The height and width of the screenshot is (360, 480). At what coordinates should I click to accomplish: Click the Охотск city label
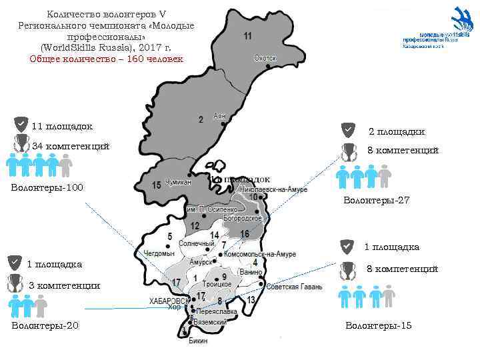265,58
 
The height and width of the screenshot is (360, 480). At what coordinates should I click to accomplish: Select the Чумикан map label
179,182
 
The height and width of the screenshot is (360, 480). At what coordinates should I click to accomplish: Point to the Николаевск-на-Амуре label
273,190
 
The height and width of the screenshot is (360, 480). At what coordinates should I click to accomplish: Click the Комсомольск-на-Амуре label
260,254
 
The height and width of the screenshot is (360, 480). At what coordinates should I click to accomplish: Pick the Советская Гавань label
294,287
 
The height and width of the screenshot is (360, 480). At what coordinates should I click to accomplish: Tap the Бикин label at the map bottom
198,341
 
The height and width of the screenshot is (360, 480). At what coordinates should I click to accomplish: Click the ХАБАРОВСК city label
169,301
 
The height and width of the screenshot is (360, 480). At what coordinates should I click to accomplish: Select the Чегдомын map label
159,253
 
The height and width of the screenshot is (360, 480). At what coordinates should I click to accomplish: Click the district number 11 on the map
248,35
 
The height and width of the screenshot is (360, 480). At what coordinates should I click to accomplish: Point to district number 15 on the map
157,185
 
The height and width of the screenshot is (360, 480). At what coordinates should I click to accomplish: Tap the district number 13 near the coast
251,300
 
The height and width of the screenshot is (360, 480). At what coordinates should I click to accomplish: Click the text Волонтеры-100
47,187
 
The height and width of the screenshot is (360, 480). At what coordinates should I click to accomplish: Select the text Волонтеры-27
376,200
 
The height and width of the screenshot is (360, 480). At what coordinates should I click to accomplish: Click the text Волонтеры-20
45,325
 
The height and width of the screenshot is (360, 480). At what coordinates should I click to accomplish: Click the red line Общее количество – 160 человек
106,59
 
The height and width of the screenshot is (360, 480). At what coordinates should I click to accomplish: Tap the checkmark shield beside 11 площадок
21,125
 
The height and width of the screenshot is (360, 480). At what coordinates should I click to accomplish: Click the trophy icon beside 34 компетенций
21,145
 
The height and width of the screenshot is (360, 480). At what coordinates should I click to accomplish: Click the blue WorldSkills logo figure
461,19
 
